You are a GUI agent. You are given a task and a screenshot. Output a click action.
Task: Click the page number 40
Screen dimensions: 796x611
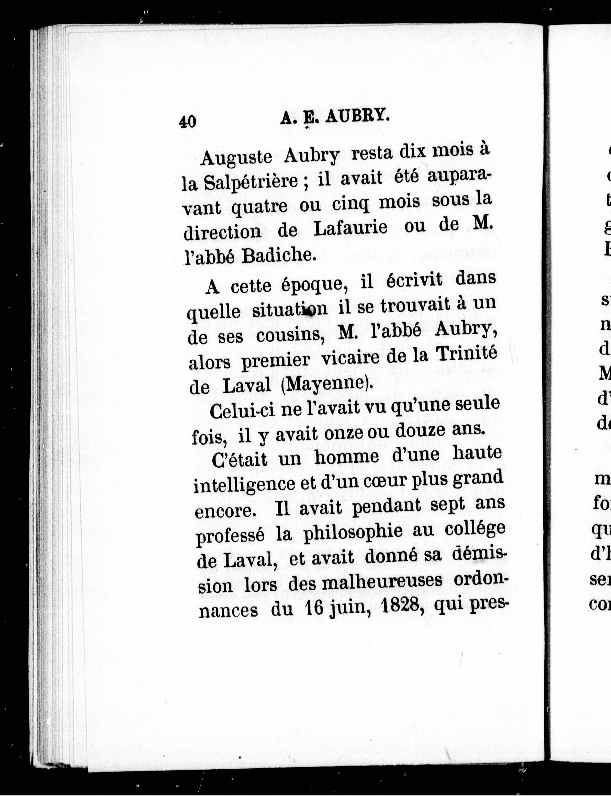pos(188,121)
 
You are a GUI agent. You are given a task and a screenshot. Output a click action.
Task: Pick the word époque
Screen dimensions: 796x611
pos(314,283)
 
